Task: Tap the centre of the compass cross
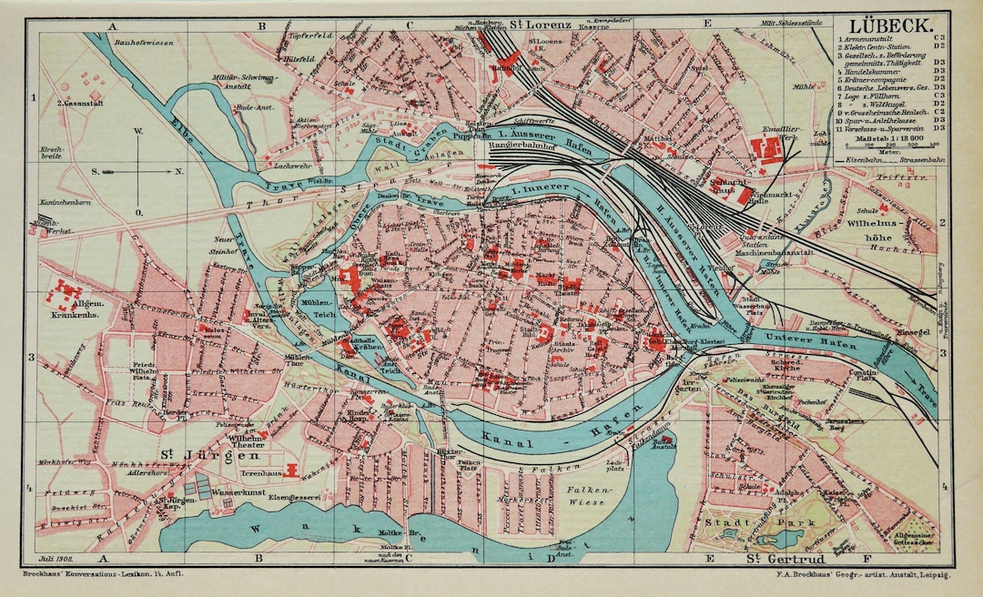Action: point(138,169)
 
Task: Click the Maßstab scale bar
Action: point(888,144)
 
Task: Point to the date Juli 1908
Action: point(57,558)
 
